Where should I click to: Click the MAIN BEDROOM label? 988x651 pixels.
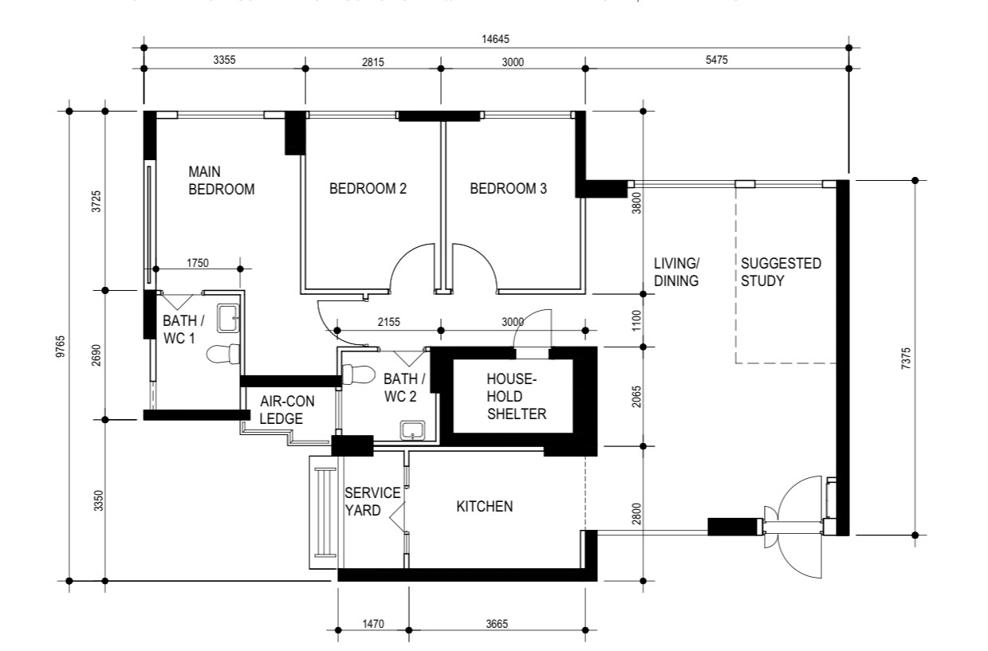coord(221,181)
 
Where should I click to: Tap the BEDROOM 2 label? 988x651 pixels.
coord(368,189)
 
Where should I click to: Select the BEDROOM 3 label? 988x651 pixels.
coord(508,189)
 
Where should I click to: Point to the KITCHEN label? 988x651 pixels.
coord(484,507)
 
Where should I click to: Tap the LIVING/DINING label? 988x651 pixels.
coord(676,272)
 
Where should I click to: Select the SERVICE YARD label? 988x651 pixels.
coord(372,503)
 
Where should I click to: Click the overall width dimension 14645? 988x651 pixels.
coord(494,39)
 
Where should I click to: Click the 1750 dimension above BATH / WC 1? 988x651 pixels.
coord(198,262)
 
